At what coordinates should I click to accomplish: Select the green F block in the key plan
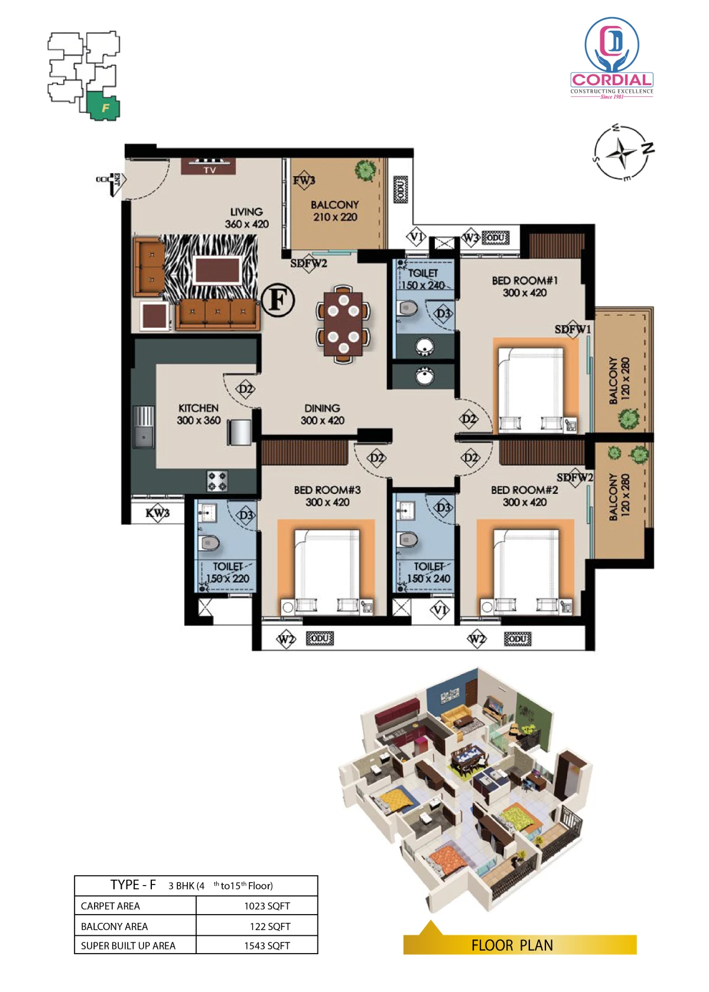(104, 106)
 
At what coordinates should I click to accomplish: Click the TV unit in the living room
(208, 166)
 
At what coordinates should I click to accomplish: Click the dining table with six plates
(343, 324)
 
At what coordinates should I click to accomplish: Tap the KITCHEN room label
(199, 408)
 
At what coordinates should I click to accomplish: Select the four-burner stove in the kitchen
(217, 481)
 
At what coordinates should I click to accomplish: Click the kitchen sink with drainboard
(144, 427)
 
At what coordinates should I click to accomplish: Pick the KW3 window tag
(158, 513)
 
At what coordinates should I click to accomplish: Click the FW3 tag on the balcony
(304, 180)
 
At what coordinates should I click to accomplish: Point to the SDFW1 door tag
(573, 330)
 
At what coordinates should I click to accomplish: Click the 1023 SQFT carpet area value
(267, 906)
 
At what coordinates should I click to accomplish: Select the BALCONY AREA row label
(114, 926)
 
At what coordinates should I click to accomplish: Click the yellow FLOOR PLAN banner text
(512, 945)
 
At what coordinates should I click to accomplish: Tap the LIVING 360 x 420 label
(246, 218)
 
